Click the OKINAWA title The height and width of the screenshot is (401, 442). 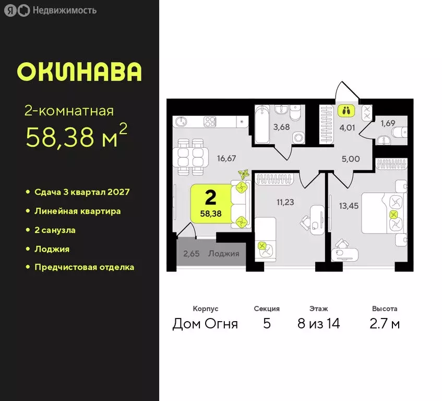click(x=79, y=72)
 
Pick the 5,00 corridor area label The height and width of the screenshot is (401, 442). click(x=350, y=158)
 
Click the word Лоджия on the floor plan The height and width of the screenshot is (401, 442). click(x=223, y=254)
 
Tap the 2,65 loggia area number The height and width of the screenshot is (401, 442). click(x=192, y=254)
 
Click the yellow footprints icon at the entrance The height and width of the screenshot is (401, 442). click(x=346, y=110)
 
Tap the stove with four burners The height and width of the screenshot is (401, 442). click(x=210, y=121)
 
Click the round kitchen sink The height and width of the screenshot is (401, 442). click(x=181, y=121)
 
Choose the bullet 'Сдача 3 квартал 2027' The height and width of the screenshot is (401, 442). click(x=81, y=192)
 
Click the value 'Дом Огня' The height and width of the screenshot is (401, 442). click(x=205, y=324)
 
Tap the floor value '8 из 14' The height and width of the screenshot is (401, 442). click(x=318, y=324)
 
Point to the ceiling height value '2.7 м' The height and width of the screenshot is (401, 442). click(x=385, y=324)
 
